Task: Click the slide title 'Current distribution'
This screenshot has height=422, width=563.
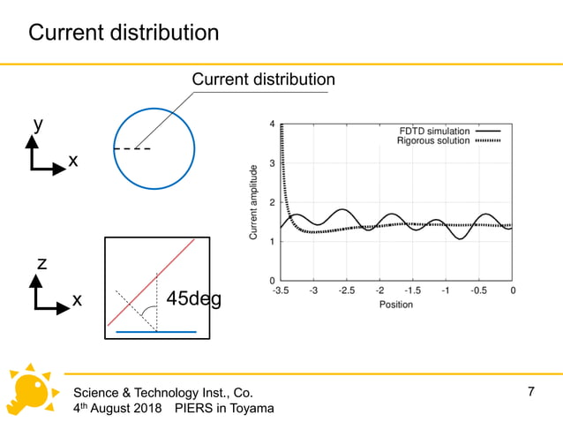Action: pyautogui.click(x=124, y=34)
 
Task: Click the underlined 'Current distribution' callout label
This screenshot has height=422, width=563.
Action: pyautogui.click(x=263, y=79)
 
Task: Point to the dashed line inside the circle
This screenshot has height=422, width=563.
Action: pyautogui.click(x=131, y=149)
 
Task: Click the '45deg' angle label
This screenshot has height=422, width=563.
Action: pyautogui.click(x=194, y=299)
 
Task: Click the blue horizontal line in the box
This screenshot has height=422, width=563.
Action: pyautogui.click(x=157, y=332)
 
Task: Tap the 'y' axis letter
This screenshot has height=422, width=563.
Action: pyautogui.click(x=38, y=124)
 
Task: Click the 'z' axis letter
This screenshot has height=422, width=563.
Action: pyautogui.click(x=41, y=263)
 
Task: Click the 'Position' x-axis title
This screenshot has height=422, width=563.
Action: pyautogui.click(x=395, y=305)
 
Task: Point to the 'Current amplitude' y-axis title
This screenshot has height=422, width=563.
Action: pyautogui.click(x=253, y=203)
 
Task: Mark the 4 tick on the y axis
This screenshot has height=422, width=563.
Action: pyautogui.click(x=272, y=124)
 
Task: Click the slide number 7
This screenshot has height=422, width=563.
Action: pyautogui.click(x=530, y=391)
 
